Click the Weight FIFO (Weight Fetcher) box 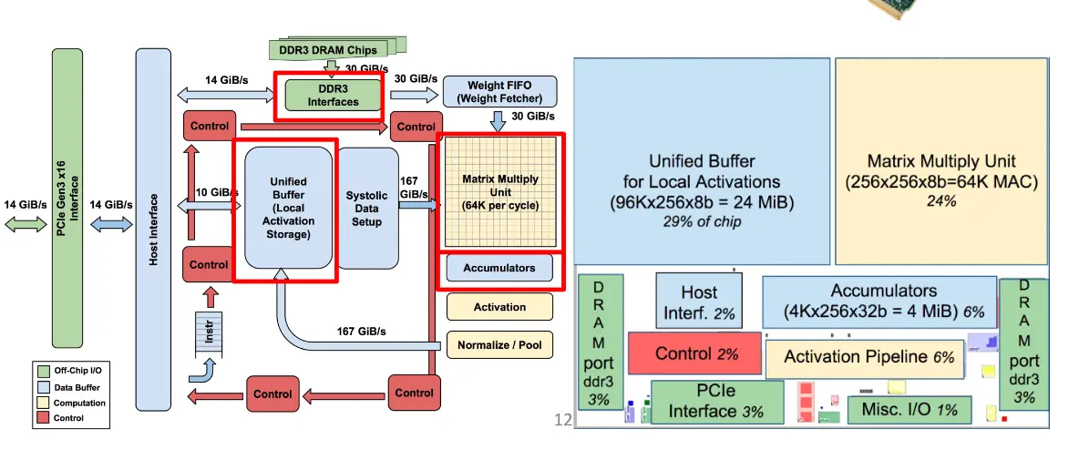(x=499, y=92)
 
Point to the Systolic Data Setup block (x=367, y=209)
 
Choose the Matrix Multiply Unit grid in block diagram (x=500, y=192)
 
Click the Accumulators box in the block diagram (x=499, y=268)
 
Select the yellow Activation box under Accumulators (x=499, y=307)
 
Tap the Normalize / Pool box (x=499, y=344)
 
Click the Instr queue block (x=209, y=333)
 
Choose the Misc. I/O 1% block (x=909, y=410)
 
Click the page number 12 (x=563, y=419)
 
